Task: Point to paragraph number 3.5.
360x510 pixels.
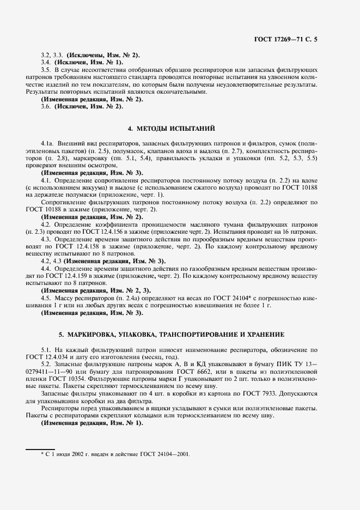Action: (46, 70)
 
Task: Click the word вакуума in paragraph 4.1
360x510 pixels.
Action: (96, 187)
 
